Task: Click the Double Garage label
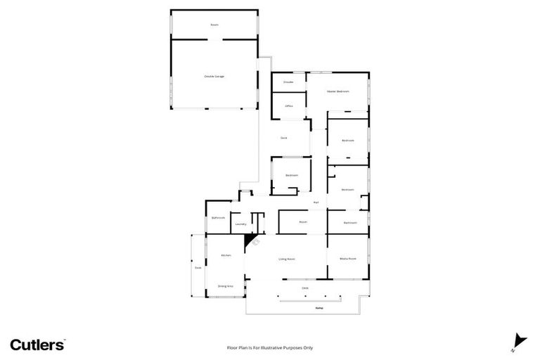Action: point(214,76)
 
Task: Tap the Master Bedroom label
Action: point(337,91)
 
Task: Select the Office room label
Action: point(288,105)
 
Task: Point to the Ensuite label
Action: point(288,82)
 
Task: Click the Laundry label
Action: point(240,224)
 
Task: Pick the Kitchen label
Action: point(226,255)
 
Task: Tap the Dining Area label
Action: point(225,286)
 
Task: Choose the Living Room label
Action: point(286,259)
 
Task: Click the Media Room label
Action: point(348,259)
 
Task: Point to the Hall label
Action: point(316,202)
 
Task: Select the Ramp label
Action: point(309,308)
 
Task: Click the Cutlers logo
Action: point(38,345)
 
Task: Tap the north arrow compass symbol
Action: point(519,340)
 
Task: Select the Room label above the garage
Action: point(214,25)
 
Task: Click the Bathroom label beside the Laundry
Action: point(218,218)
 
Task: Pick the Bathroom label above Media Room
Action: point(350,223)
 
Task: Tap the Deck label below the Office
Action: point(283,138)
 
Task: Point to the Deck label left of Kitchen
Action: point(198,268)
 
